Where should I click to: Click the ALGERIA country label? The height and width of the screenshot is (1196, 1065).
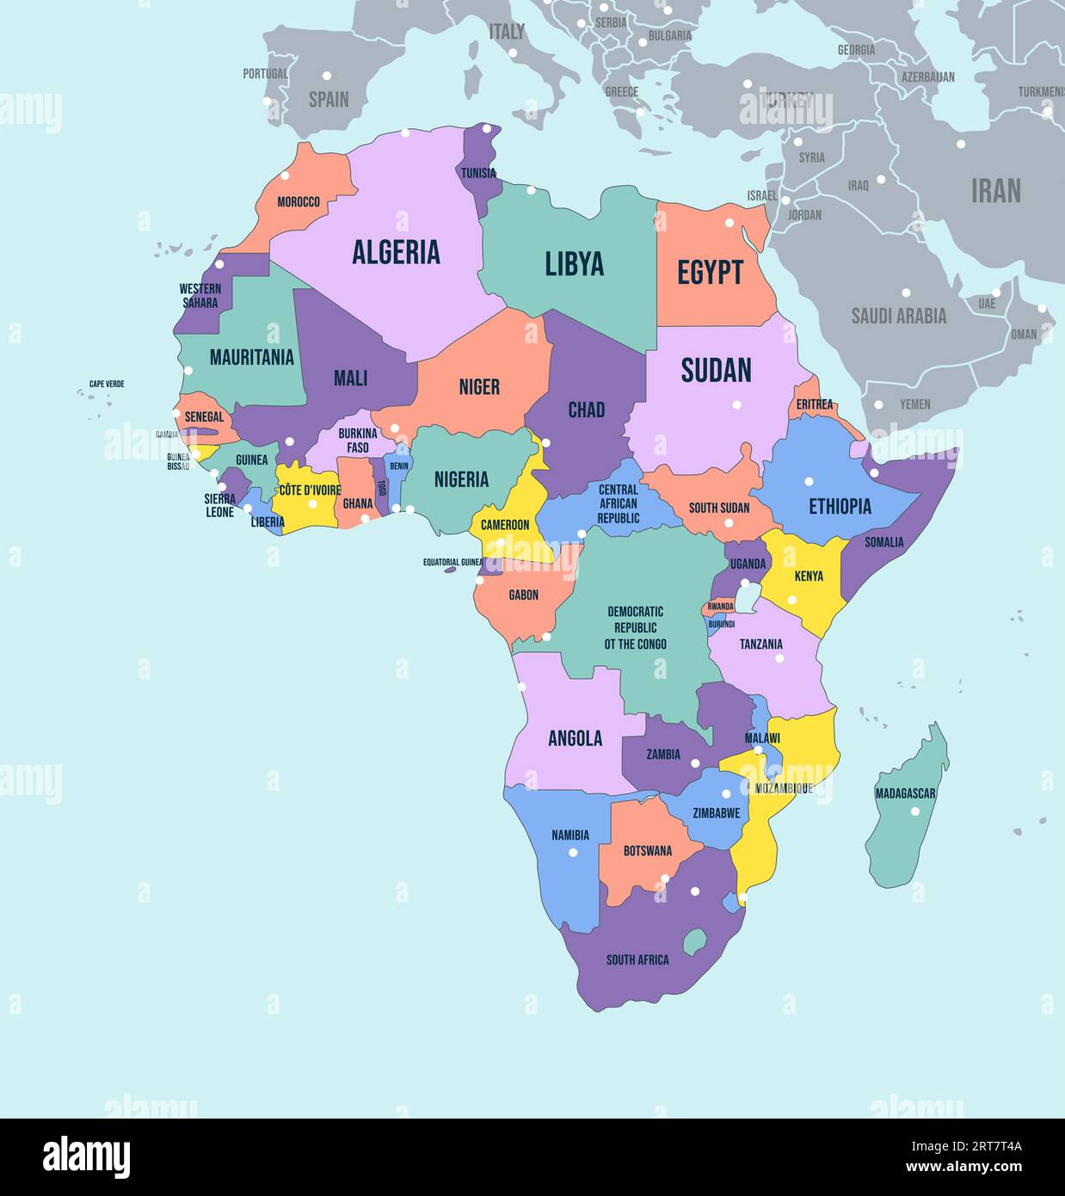396,251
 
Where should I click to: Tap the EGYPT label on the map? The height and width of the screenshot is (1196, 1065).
710,272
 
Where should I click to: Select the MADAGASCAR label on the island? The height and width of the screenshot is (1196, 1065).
905,793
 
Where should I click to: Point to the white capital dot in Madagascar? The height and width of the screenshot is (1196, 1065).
915,811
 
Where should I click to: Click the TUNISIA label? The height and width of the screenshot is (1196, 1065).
478,173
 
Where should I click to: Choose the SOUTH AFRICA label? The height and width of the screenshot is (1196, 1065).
637,959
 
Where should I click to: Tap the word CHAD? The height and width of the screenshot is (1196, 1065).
586,410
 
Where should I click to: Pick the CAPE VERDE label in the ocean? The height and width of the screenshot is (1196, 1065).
107,384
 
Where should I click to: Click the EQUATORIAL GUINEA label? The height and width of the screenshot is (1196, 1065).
452,562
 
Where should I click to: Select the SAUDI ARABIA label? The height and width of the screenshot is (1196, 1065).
898,316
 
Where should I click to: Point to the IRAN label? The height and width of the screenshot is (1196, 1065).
995,190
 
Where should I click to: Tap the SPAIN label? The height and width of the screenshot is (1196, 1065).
329,99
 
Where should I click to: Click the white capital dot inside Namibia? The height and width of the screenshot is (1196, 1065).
573,853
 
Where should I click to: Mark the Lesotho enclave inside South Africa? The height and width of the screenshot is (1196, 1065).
694,939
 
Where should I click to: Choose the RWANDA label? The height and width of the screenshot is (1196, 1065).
720,607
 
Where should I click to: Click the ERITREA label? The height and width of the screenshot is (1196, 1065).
814,404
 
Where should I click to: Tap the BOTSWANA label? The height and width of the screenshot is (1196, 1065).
647,851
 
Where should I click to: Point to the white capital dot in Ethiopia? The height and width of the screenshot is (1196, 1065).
809,482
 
